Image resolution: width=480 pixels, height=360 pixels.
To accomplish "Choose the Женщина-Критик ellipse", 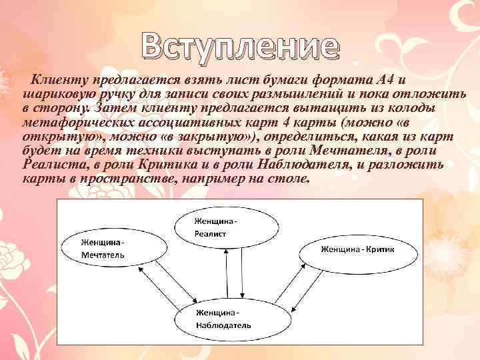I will [357, 250].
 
